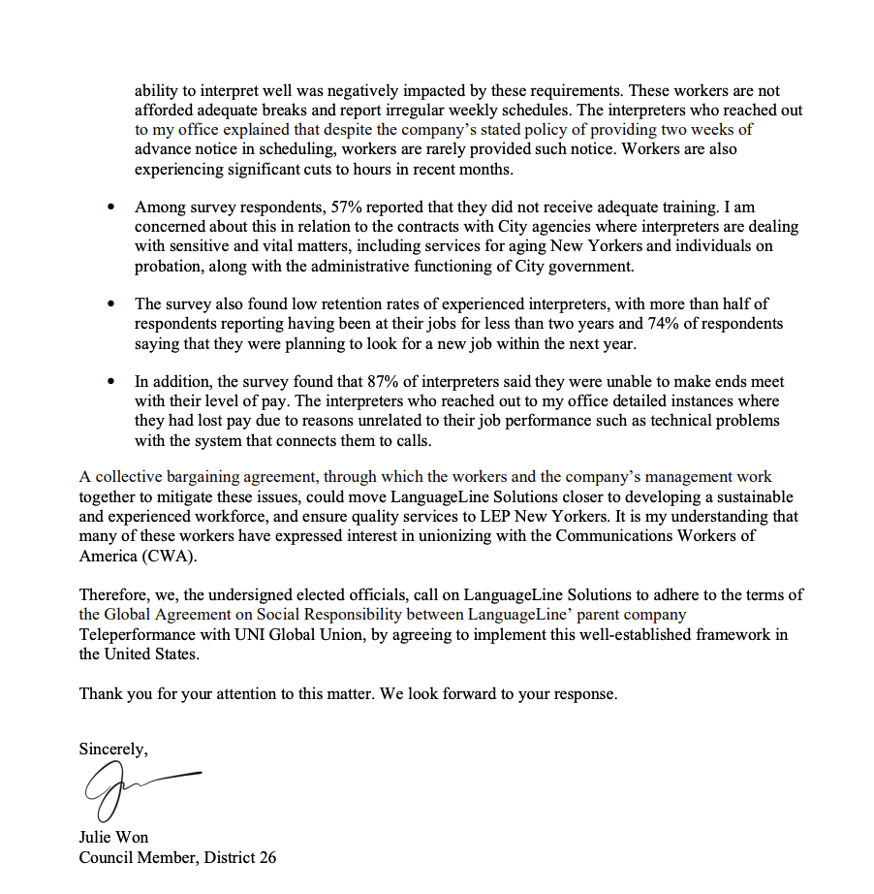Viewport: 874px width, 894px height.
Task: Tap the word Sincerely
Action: tap(113, 749)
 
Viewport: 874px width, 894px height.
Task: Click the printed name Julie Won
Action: tap(113, 837)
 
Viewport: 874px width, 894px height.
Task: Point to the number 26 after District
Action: tap(266, 857)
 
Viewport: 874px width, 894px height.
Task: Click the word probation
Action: tap(167, 266)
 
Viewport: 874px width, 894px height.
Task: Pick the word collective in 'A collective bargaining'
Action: tap(132, 477)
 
